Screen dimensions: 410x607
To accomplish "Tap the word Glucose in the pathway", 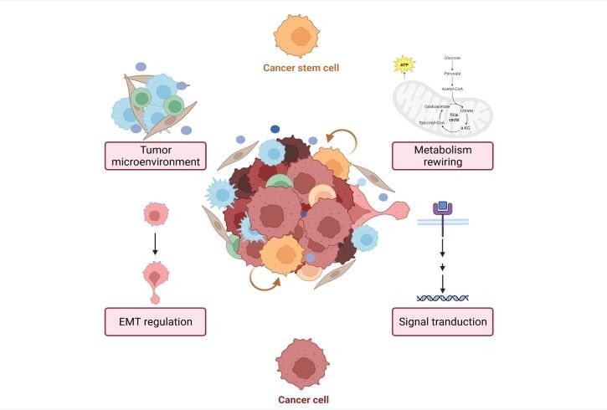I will point(452,58).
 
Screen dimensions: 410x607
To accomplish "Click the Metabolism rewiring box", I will point(442,156).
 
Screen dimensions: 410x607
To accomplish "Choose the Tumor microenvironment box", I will point(155,156).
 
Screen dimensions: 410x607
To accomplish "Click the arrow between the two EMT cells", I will point(155,246).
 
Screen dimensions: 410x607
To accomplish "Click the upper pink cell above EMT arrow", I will point(155,215).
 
